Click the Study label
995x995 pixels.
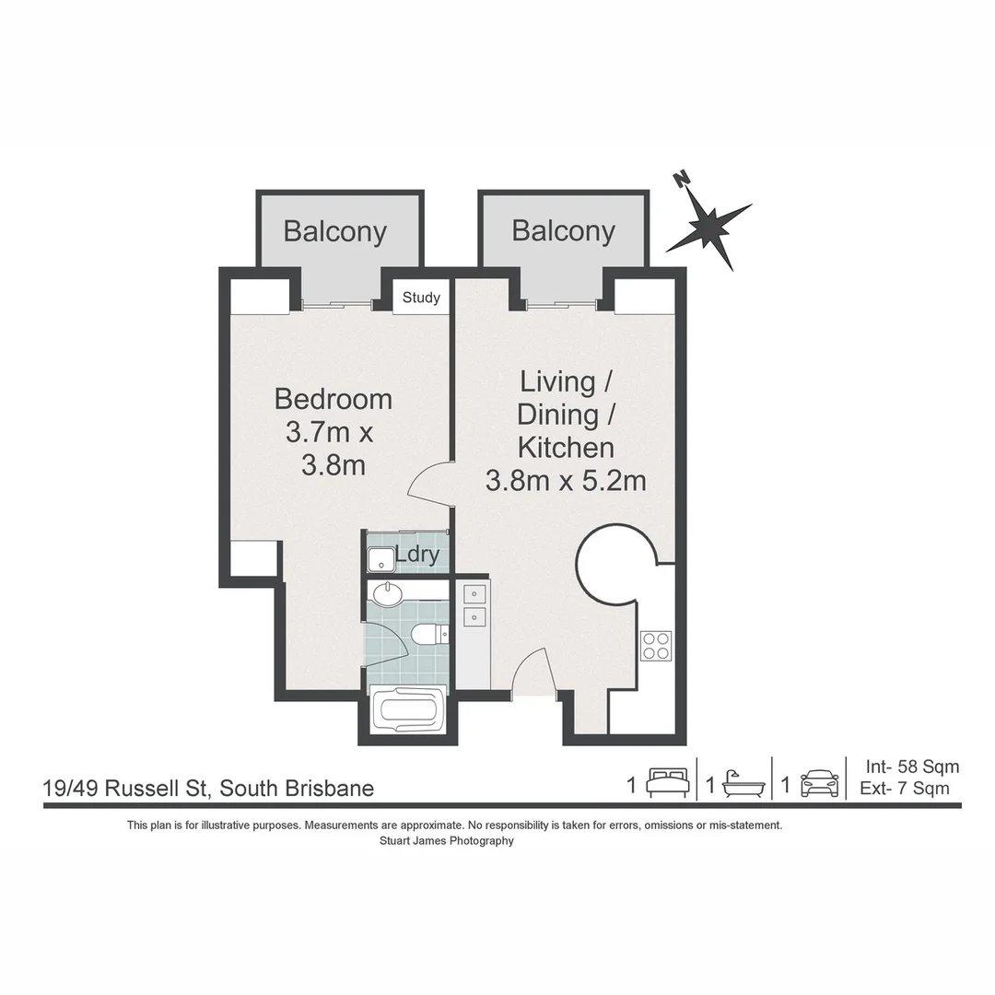point(421,298)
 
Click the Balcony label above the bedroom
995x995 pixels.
point(334,231)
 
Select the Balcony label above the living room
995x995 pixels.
point(563,230)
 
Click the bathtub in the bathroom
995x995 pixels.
point(408,711)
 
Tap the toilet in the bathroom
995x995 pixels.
point(429,634)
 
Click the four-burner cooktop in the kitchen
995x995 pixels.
point(655,645)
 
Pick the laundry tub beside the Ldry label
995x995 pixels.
point(380,559)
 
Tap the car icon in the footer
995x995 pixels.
point(819,784)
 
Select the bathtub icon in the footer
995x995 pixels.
point(743,784)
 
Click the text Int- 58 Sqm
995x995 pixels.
point(912,767)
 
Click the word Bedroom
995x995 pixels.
point(334,399)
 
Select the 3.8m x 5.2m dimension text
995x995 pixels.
point(566,480)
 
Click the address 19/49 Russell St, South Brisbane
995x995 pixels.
point(209,789)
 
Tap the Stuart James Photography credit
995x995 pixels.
point(446,841)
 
